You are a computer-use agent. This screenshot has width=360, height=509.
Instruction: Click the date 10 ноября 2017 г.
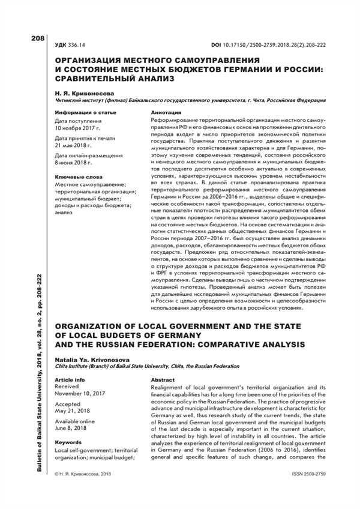pos(78,128)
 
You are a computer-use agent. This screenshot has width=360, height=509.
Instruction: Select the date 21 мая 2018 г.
pos(74,146)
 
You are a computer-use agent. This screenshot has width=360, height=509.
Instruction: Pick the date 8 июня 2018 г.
pos(74,163)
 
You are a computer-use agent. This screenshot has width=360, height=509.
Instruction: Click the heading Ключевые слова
pos(79,178)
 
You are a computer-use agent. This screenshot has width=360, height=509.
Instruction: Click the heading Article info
pos(70,381)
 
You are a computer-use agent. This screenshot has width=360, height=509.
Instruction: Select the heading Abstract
pos(163,381)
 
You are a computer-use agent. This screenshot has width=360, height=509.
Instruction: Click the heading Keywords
pos(68,442)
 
